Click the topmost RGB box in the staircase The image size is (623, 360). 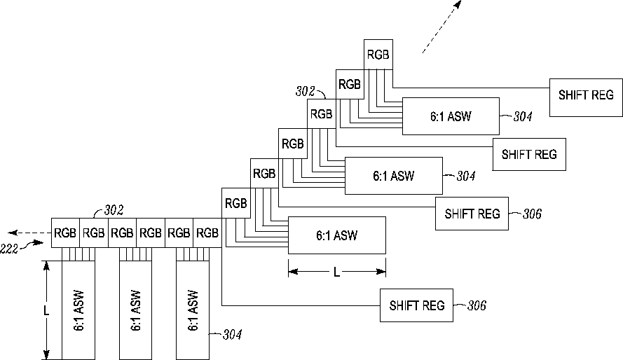(378, 55)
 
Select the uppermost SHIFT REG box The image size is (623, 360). (586, 97)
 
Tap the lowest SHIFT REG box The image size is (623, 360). (416, 305)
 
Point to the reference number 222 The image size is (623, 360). (8, 249)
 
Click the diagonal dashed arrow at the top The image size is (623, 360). (441, 27)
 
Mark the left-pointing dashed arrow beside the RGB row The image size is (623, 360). (29, 233)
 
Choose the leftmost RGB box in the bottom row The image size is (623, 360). (66, 233)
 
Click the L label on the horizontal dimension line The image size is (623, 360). (336, 272)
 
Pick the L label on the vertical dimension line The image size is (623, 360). (46, 310)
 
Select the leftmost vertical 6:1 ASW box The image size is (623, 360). (78, 310)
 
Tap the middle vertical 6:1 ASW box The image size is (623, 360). (135, 310)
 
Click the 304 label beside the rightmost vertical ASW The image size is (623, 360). (232, 335)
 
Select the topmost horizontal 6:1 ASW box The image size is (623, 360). (451, 116)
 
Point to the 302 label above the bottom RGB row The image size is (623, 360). (114, 210)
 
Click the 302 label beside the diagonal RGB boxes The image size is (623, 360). (305, 91)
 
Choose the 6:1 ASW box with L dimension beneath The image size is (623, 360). (337, 235)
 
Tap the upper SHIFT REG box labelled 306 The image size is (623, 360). (472, 214)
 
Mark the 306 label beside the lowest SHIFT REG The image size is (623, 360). (477, 305)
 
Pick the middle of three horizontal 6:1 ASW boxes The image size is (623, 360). (393, 176)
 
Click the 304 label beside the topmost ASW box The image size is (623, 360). (523, 116)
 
